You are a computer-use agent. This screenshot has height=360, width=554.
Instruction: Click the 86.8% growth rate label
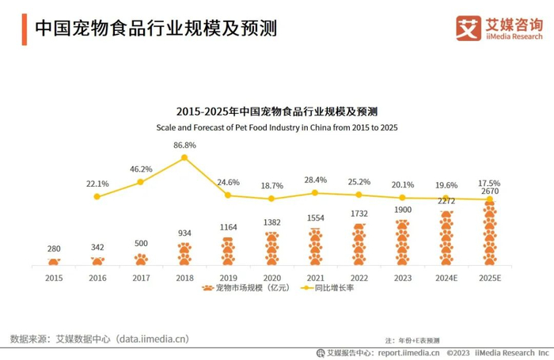pos(184,145)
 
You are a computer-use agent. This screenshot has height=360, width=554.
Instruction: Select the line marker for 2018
pos(184,157)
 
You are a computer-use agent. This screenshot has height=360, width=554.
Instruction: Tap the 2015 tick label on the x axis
pos(53,278)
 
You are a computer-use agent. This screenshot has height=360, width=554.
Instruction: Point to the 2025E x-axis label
pos(489,278)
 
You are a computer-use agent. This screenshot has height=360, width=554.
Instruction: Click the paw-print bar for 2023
pos(402,242)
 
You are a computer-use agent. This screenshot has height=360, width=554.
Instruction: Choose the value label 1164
pos(228,227)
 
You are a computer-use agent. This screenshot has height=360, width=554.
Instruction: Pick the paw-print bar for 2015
pos(53,261)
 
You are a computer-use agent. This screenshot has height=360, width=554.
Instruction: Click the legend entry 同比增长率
pos(329,288)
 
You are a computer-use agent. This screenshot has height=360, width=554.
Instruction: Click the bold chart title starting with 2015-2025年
pos(276,112)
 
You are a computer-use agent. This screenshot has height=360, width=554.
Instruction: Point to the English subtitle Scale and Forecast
pos(276,127)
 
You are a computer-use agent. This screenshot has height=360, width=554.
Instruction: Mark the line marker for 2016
pos(97,196)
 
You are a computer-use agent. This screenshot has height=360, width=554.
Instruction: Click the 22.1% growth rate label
pos(97,184)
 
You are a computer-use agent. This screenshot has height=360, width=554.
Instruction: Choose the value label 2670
pos(489,191)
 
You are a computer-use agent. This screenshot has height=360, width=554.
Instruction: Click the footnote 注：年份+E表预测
pos(412,339)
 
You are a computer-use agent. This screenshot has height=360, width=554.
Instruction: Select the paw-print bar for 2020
pos(271,248)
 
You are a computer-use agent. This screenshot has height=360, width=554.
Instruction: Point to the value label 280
pos(53,248)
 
